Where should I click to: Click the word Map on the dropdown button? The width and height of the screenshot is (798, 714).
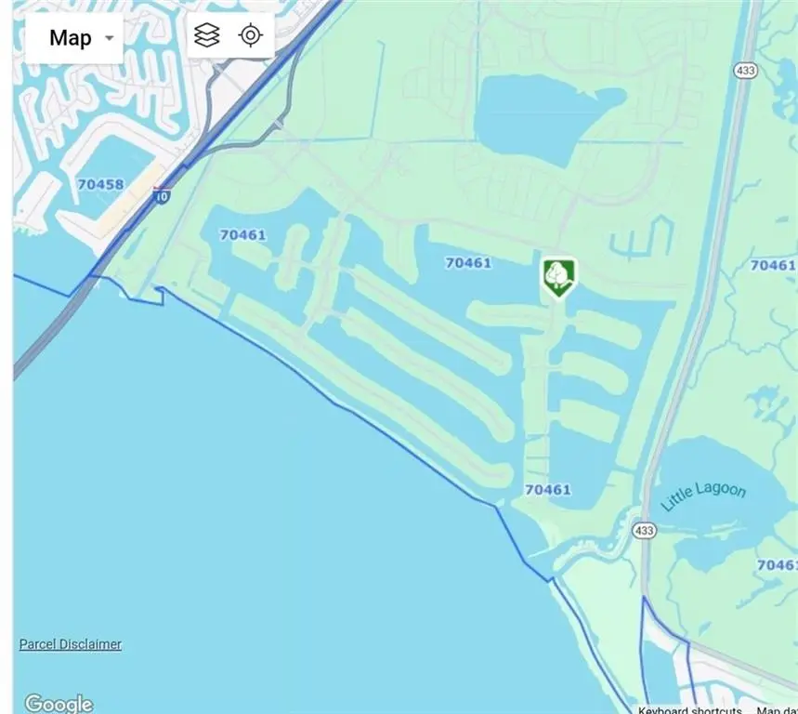pyautogui.click(x=71, y=38)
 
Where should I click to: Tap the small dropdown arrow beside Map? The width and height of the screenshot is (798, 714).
pyautogui.click(x=110, y=38)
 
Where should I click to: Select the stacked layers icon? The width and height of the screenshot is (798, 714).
pyautogui.click(x=207, y=35)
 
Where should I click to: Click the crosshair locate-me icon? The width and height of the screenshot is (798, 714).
pyautogui.click(x=250, y=35)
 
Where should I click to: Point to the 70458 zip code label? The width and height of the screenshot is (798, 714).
pyautogui.click(x=100, y=184)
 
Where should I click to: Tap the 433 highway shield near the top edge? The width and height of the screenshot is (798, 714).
pyautogui.click(x=745, y=72)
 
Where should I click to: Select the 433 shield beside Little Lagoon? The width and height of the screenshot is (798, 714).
pyautogui.click(x=645, y=531)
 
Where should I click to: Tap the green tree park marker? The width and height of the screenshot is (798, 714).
pyautogui.click(x=558, y=276)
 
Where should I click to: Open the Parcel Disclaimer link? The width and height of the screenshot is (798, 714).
pyautogui.click(x=71, y=644)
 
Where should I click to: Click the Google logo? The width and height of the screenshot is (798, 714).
pyautogui.click(x=59, y=704)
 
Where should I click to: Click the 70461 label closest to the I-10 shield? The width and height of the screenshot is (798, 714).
pyautogui.click(x=242, y=235)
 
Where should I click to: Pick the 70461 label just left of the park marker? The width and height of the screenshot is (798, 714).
pyautogui.click(x=468, y=263)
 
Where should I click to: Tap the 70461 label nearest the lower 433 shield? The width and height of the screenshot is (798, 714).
pyautogui.click(x=548, y=490)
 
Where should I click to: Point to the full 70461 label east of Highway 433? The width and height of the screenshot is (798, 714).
pyautogui.click(x=772, y=265)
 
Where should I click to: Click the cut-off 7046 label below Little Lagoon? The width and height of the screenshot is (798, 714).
pyautogui.click(x=777, y=564)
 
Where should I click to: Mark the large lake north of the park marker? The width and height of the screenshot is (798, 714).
pyautogui.click(x=539, y=116)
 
